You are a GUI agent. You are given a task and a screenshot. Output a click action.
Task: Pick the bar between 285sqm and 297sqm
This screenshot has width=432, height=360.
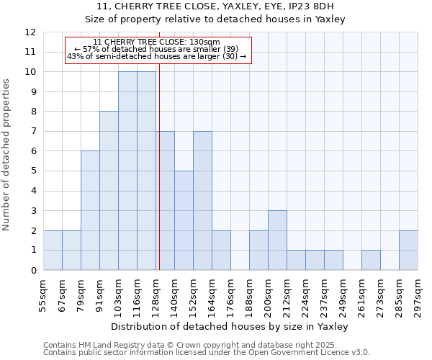(408, 251)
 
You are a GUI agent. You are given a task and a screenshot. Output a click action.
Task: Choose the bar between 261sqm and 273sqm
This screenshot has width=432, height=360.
(371, 260)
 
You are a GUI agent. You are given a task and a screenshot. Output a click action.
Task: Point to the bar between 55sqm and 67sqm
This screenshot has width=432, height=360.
(53, 251)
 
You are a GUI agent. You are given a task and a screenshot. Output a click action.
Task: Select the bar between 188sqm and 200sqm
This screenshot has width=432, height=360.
(258, 251)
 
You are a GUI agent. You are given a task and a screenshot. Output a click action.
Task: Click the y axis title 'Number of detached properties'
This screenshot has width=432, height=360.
(7, 155)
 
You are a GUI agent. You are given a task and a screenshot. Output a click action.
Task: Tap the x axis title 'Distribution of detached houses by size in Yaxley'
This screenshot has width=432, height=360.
(230, 326)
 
